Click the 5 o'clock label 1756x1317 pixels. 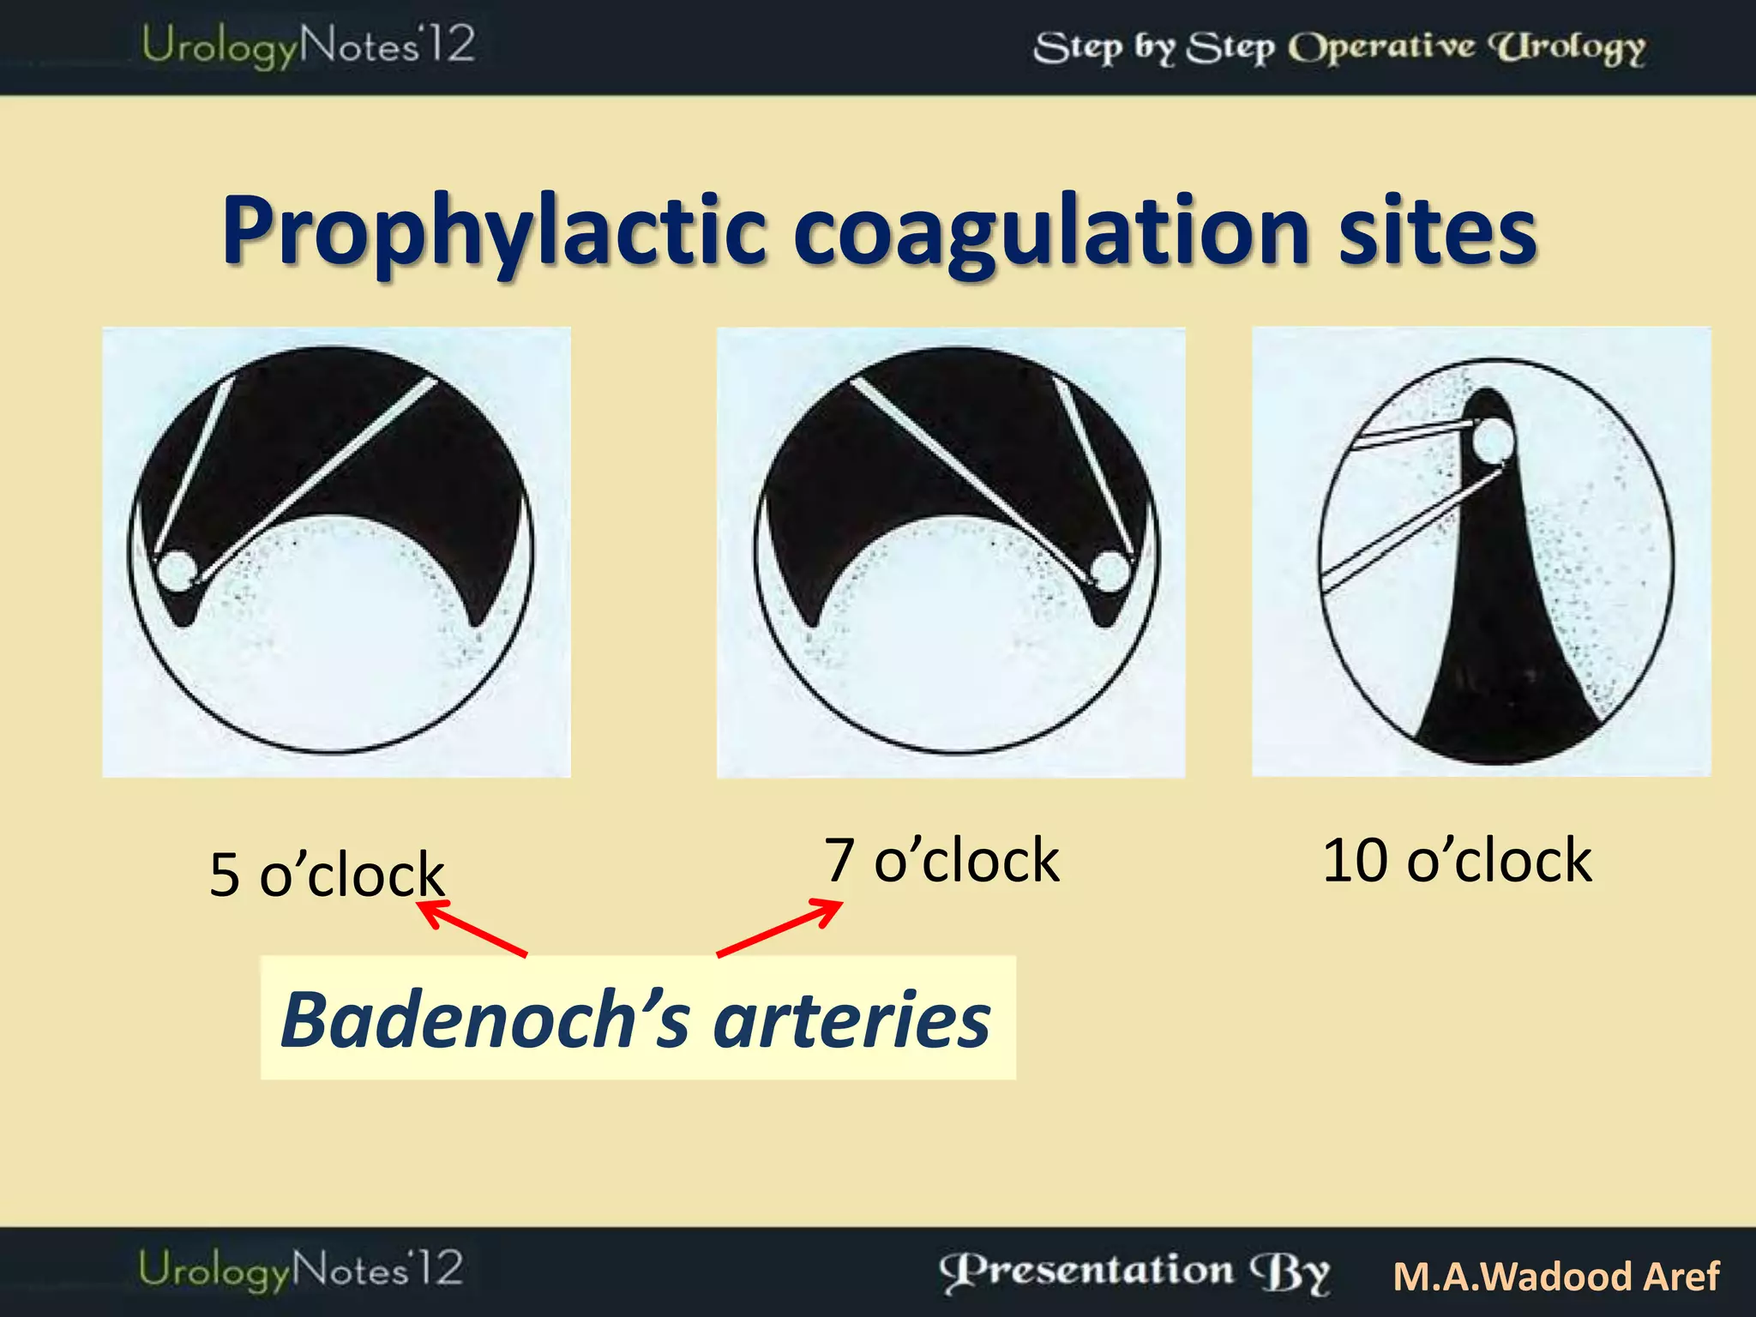pos(326,875)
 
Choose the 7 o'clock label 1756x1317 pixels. pos(941,860)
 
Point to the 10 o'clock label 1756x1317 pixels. pos(1457,860)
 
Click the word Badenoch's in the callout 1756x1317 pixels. pos(484,1019)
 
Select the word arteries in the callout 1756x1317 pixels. pos(851,1019)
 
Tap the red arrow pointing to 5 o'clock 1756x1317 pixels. pos(472,927)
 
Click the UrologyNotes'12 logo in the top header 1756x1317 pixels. pos(308,45)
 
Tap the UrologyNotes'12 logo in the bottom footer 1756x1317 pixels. pos(301,1270)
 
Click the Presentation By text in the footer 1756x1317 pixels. pos(1134,1272)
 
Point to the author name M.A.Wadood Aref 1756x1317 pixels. pos(1556,1277)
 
